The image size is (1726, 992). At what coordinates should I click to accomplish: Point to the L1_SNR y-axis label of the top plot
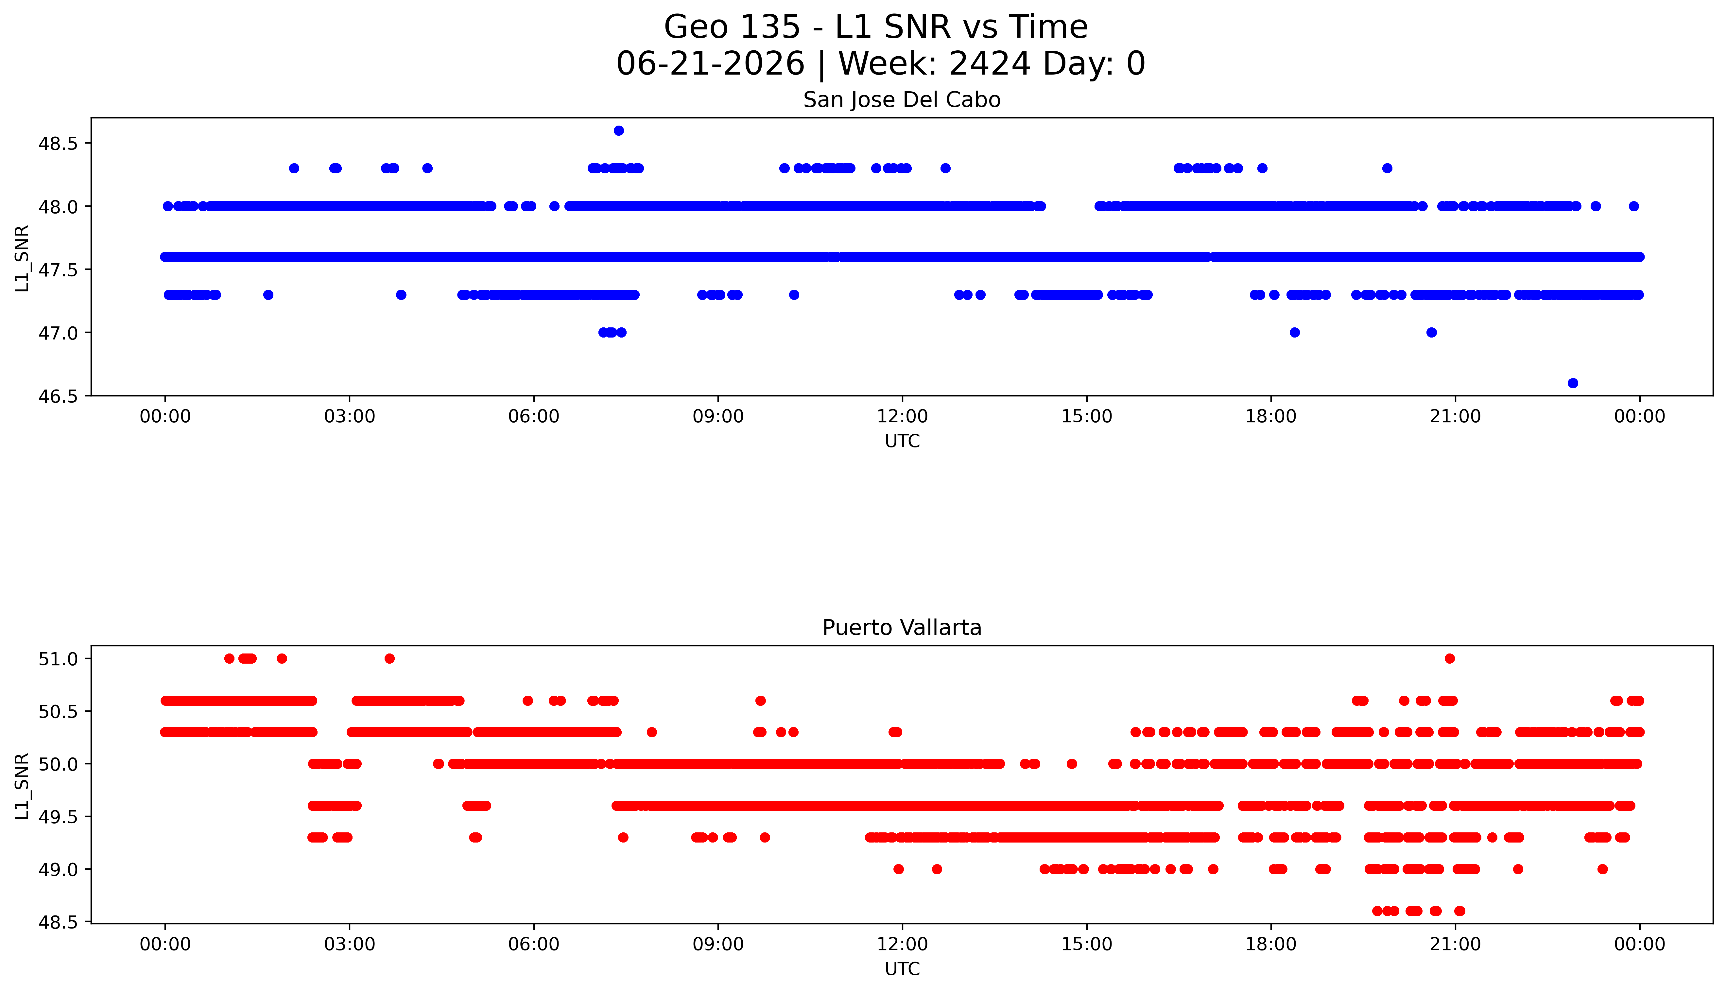[22, 258]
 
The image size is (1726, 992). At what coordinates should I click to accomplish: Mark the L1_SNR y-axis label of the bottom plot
[22, 786]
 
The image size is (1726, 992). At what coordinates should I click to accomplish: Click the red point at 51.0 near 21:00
[1449, 658]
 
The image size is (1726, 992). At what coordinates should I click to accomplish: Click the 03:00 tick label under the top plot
[350, 416]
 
